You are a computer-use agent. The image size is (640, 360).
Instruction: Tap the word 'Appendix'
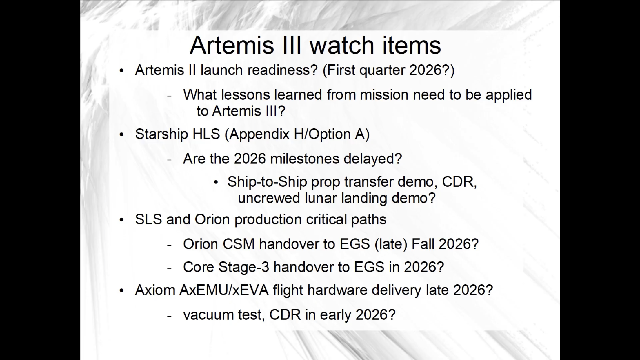(x=257, y=134)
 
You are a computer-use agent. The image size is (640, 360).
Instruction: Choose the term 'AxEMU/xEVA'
(x=224, y=290)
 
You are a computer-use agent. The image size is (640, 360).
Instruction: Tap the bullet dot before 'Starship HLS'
(x=121, y=134)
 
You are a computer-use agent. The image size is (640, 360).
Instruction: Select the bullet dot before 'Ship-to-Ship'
(x=216, y=183)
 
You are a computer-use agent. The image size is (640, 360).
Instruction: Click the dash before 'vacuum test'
(x=170, y=316)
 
